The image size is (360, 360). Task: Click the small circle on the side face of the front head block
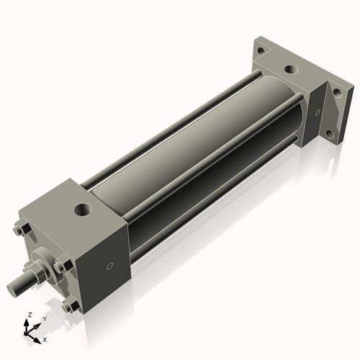(109, 266)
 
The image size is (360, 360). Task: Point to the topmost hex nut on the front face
(21, 231)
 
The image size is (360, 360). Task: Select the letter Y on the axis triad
(44, 318)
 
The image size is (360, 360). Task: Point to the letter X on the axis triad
(45, 338)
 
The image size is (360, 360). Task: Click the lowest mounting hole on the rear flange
(328, 134)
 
